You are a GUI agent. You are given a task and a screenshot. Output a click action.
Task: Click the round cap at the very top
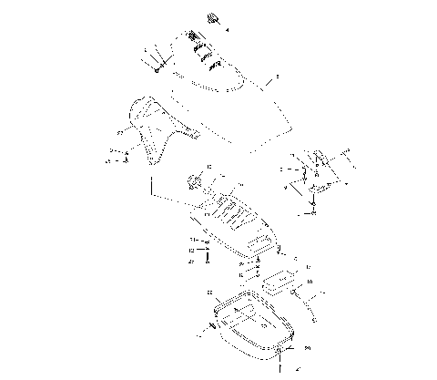click(216, 18)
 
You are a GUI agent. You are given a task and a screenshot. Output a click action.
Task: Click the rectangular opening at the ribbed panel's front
click(264, 241)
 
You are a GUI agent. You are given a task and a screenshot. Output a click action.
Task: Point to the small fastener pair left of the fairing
click(125, 156)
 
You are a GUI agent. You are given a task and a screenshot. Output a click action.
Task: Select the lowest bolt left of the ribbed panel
click(209, 259)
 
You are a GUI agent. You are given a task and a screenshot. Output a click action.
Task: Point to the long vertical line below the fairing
click(146, 187)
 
